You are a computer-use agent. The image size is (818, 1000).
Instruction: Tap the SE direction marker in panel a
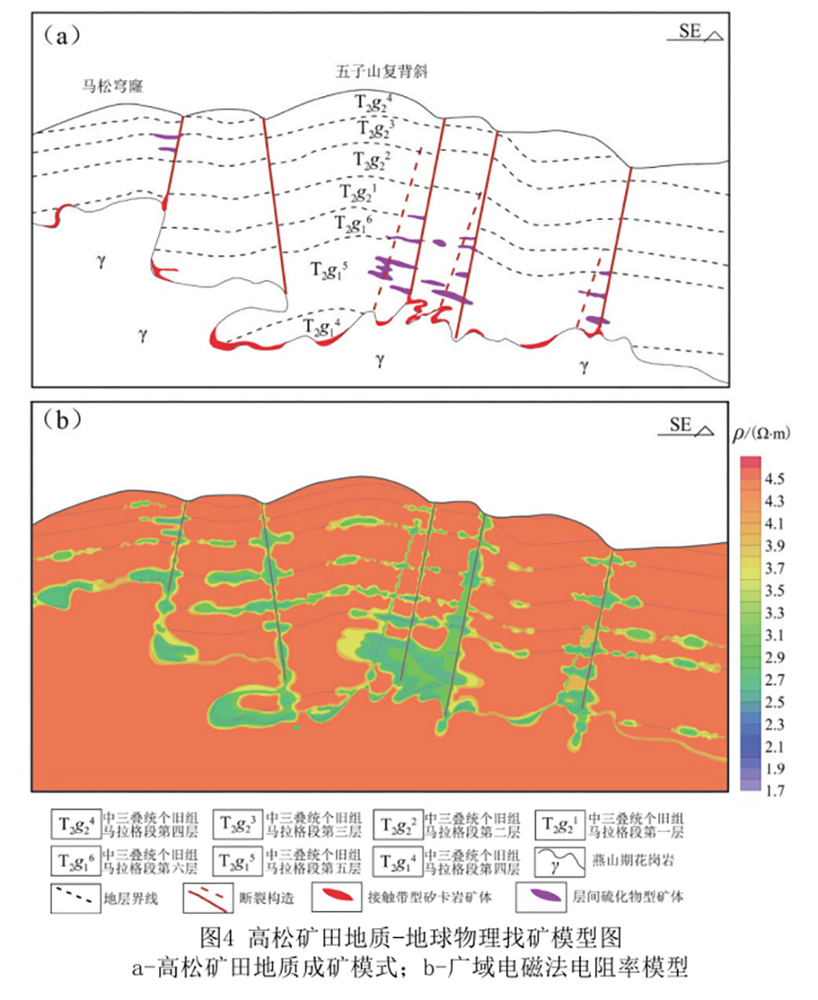click(699, 33)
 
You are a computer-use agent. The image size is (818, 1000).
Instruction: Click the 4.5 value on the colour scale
click(775, 478)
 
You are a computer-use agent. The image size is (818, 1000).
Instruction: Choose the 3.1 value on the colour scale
click(775, 634)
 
